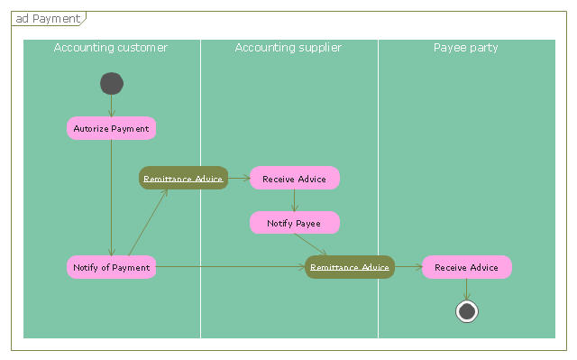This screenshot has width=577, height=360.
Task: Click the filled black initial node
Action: pyautogui.click(x=112, y=84)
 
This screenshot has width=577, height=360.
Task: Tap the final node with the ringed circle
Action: pyautogui.click(x=467, y=311)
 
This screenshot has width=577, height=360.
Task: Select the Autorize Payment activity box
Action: pyautogui.click(x=111, y=128)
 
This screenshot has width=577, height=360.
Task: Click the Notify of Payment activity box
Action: pyautogui.click(x=111, y=267)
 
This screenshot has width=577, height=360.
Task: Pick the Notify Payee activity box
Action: pyautogui.click(x=295, y=222)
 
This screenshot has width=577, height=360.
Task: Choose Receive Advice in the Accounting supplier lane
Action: pyautogui.click(x=295, y=178)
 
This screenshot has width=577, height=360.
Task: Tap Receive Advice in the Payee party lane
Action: pyautogui.click(x=467, y=267)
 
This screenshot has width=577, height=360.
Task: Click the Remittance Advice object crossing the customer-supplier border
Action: pyautogui.click(x=183, y=178)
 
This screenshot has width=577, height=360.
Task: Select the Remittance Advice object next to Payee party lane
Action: pyautogui.click(x=350, y=267)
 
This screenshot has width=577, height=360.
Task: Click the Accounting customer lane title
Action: pyautogui.click(x=111, y=48)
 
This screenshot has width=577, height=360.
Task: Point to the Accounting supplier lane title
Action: pyautogui.click(x=288, y=48)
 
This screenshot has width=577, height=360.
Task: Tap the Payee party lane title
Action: pyautogui.click(x=465, y=48)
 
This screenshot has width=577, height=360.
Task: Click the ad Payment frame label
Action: pyautogui.click(x=48, y=18)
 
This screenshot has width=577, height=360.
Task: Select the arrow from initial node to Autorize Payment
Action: pyautogui.click(x=112, y=106)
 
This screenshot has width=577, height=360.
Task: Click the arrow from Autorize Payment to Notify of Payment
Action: pyautogui.click(x=112, y=198)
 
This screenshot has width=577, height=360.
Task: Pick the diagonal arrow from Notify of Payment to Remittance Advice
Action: pyautogui.click(x=148, y=223)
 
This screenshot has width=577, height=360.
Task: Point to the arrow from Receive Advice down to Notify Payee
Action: pyautogui.click(x=295, y=200)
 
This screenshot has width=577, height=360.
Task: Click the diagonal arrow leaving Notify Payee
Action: pyautogui.click(x=310, y=245)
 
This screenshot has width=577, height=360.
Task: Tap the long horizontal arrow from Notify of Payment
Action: pyautogui.click(x=231, y=267)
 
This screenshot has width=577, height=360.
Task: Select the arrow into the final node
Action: pyautogui.click(x=467, y=290)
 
